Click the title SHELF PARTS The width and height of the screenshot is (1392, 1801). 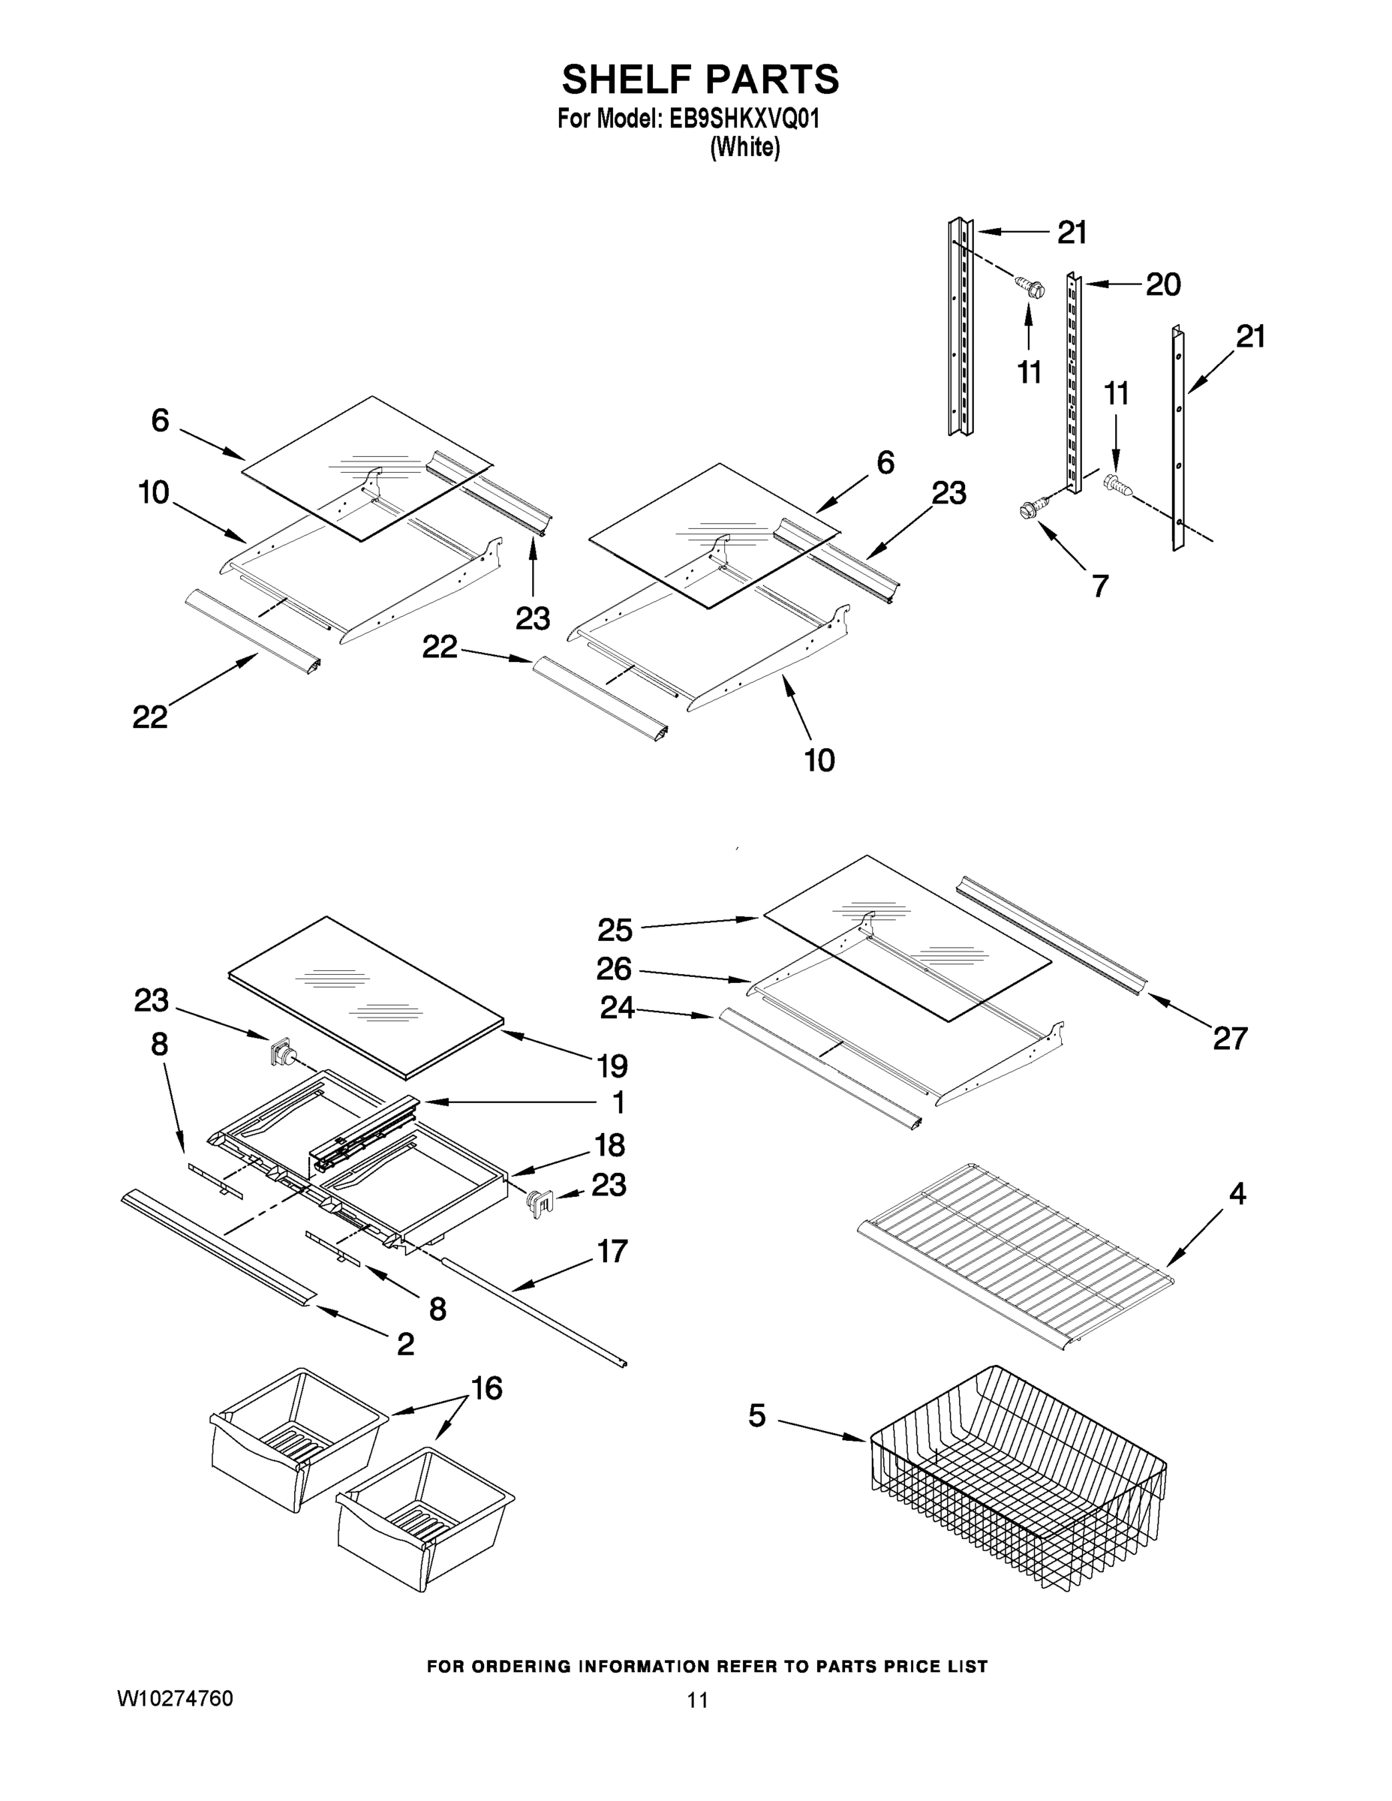coord(700,80)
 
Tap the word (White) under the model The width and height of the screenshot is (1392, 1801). coord(744,148)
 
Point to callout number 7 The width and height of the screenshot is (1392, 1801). coord(1100,585)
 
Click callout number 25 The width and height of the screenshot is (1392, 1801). coord(615,931)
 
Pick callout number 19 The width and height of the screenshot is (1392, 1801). coord(612,1066)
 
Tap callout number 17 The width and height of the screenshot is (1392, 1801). coord(612,1251)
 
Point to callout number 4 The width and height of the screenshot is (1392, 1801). coord(1237,1193)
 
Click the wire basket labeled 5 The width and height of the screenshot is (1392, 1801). coord(1018,1484)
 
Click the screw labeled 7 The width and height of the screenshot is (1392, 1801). coord(1033,510)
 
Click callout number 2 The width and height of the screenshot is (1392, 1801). coord(405,1344)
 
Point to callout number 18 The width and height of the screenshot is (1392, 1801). coord(609,1144)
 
